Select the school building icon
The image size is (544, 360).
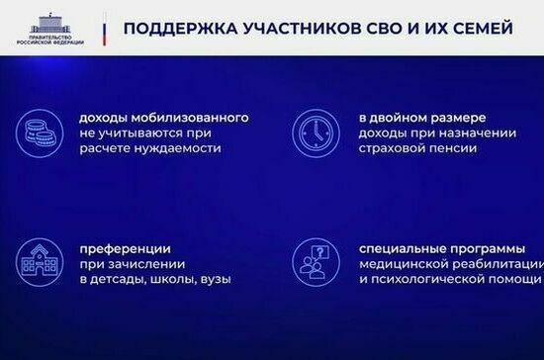coord(39,262)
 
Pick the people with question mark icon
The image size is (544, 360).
coord(314,262)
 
